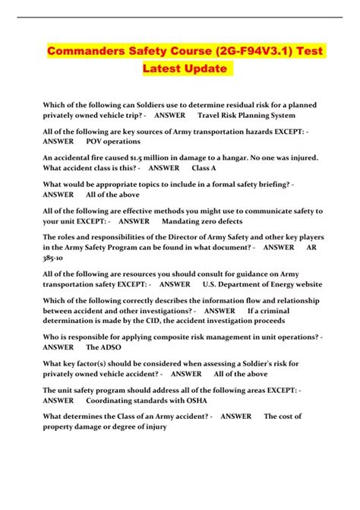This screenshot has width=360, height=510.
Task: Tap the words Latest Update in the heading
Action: [185, 68]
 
